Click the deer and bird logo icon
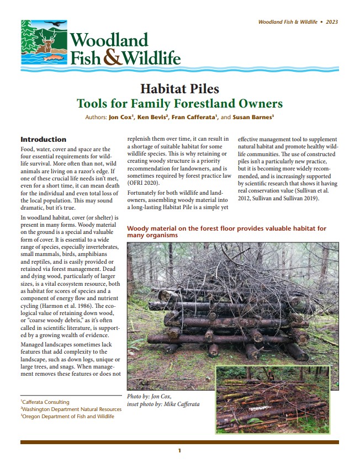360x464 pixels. [44, 43]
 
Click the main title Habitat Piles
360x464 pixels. [179, 88]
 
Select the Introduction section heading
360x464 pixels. [43, 140]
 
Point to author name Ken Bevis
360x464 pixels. [151, 118]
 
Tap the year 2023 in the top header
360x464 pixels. [332, 22]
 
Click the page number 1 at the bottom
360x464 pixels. [179, 451]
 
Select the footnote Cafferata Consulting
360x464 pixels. [46, 402]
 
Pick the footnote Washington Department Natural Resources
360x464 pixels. [72, 409]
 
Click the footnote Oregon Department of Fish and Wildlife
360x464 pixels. [68, 417]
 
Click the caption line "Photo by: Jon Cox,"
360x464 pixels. [149, 397]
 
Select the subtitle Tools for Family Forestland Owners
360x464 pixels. [179, 103]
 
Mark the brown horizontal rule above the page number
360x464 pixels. [179, 442]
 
